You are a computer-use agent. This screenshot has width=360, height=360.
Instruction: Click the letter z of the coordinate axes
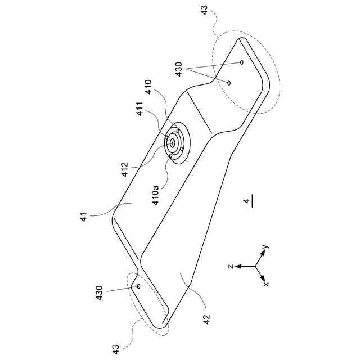pyautogui.click(x=231, y=267)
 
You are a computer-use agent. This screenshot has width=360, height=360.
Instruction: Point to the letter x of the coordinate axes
pyautogui.click(x=265, y=284)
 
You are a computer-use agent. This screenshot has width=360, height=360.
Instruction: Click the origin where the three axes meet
pyautogui.click(x=256, y=267)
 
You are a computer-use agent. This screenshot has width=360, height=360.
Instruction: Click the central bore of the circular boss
pyautogui.click(x=173, y=143)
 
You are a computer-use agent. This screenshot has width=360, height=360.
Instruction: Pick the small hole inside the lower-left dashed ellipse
pyautogui.click(x=137, y=286)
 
